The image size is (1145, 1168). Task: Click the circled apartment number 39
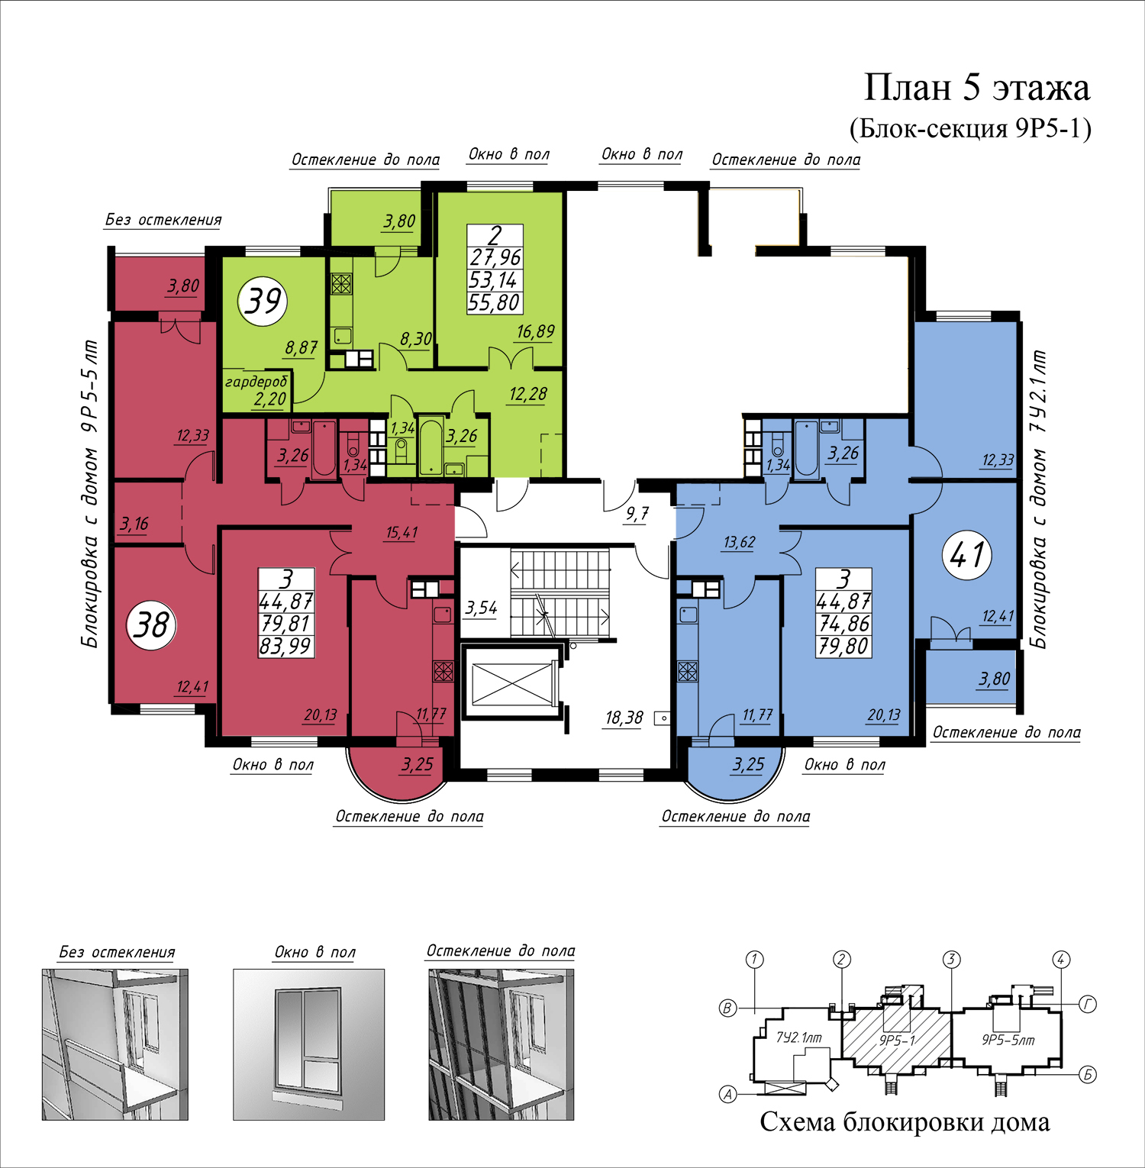(x=263, y=301)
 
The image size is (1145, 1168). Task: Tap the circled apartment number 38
(x=151, y=625)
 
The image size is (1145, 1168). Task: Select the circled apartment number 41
(x=967, y=554)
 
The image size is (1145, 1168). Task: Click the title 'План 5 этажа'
(x=976, y=88)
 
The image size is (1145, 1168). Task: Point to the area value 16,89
(x=535, y=331)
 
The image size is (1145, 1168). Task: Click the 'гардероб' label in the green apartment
(x=256, y=381)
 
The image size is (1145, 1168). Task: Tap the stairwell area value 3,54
(x=481, y=608)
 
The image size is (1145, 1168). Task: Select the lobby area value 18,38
(x=624, y=718)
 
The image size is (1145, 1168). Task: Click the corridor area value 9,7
(x=637, y=514)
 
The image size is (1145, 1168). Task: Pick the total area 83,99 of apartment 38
(x=285, y=647)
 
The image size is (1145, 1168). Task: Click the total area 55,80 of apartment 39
(x=494, y=303)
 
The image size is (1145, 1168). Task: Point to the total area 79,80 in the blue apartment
(x=843, y=647)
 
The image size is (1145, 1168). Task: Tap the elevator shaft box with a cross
(x=511, y=682)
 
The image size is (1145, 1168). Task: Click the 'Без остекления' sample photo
(x=114, y=1044)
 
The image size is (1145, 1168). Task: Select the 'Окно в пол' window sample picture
(x=308, y=1044)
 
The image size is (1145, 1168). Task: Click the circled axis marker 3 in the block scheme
(x=951, y=960)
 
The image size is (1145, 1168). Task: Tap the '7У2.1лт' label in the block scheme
(x=799, y=1037)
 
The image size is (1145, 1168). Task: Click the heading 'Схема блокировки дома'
(x=905, y=1121)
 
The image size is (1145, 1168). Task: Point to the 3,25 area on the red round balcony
(x=418, y=764)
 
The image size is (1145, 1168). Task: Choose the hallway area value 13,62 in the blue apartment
(x=739, y=542)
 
